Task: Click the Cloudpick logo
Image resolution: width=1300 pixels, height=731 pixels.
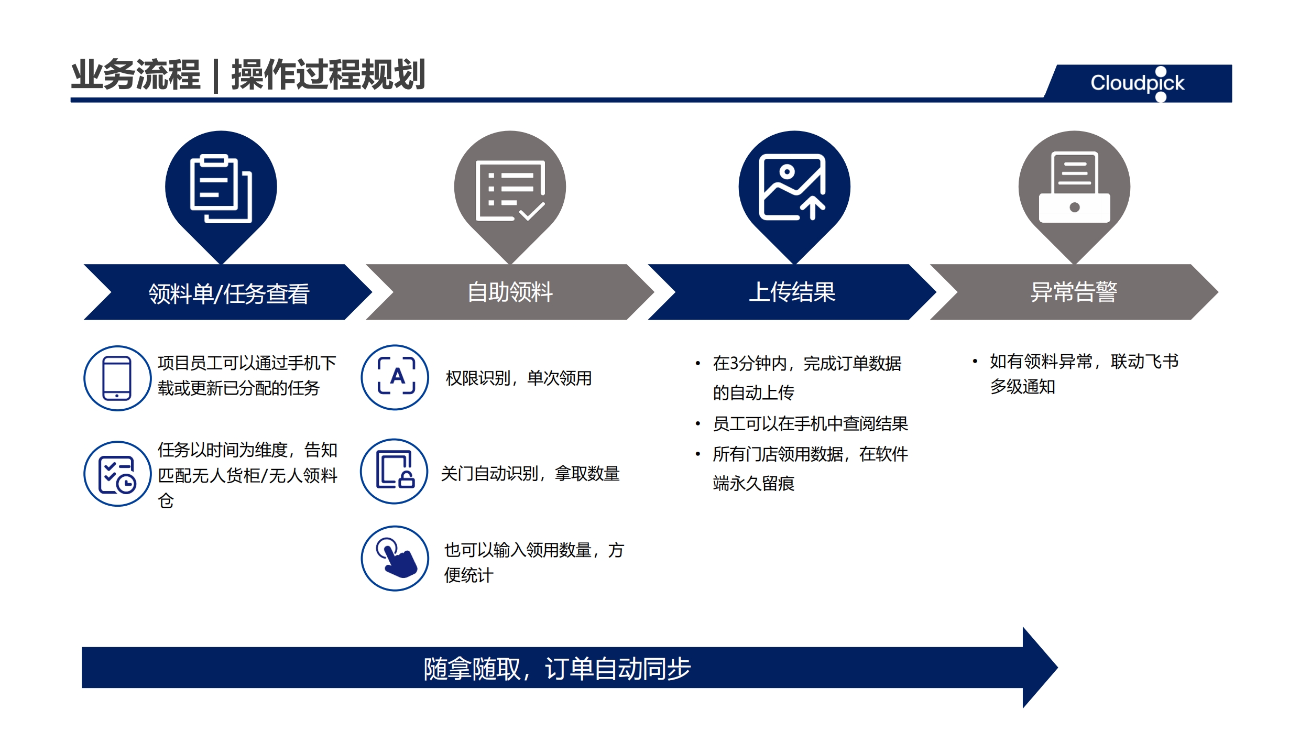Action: [x=1137, y=83]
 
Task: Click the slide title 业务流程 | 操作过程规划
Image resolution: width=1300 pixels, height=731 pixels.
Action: [x=248, y=74]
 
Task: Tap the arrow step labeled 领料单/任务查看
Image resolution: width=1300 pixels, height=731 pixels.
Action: [x=228, y=292]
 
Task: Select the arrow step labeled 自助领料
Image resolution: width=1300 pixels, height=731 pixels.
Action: [x=510, y=292]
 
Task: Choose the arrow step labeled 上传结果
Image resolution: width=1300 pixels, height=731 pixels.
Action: [x=792, y=292]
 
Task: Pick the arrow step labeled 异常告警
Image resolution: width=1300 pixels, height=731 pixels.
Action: [x=1074, y=292]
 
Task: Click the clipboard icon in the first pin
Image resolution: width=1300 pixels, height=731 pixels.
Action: [x=221, y=189]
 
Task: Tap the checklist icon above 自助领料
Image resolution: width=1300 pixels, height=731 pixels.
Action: [x=510, y=191]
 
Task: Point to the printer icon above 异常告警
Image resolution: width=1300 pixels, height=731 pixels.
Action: [x=1074, y=187]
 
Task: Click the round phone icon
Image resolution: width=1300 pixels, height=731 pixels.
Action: [x=117, y=378]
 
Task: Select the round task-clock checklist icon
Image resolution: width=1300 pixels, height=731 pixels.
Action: [x=117, y=474]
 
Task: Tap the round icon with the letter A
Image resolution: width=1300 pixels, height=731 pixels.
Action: [x=395, y=377]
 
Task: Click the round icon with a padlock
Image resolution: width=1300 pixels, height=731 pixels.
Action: [x=395, y=472]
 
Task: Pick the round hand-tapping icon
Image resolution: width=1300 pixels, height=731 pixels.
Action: [x=395, y=559]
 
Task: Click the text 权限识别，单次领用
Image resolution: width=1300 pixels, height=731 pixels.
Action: [x=519, y=378]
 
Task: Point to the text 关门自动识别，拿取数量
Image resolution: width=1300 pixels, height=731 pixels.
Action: [x=530, y=474]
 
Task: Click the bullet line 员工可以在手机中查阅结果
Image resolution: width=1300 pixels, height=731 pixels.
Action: [x=810, y=423]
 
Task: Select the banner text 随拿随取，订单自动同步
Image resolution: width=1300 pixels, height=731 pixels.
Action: [x=557, y=669]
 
